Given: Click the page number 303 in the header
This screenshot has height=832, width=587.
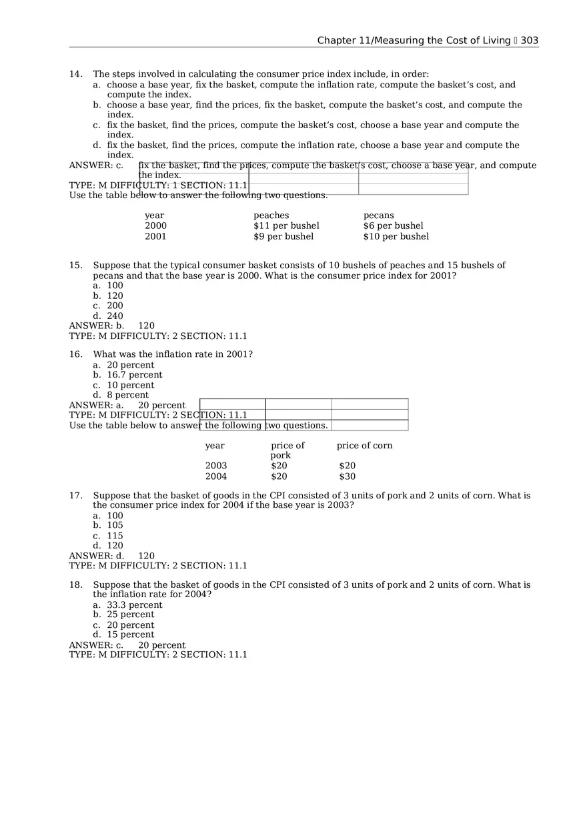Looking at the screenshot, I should (529, 41).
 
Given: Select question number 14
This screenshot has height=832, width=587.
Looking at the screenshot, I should (75, 74).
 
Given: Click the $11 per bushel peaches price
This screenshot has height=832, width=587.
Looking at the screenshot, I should (286, 226).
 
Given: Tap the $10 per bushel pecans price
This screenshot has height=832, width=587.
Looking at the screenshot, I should (396, 236).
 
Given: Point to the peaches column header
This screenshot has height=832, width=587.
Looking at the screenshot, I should (271, 216).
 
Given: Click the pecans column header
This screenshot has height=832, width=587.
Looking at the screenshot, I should (378, 216).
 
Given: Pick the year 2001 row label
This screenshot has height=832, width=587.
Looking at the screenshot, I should (155, 236).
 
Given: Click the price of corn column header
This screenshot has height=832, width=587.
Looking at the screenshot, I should (364, 446).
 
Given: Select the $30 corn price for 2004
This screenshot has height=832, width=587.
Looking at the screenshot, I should (347, 476).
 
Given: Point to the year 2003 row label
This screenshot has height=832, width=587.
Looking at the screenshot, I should (215, 466).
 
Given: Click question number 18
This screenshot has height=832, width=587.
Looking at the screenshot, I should (75, 584).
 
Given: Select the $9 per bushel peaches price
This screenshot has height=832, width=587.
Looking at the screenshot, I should (283, 236).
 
